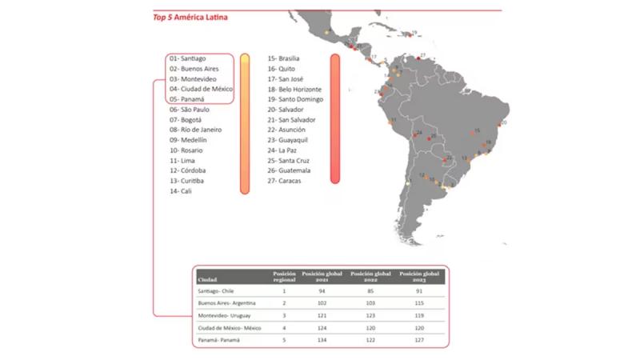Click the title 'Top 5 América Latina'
tap(190, 17)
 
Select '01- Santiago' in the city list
tap(188, 59)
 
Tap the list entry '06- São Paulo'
tap(190, 109)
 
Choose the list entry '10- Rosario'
tap(186, 150)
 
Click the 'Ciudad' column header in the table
tap(207, 279)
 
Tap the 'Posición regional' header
tap(284, 276)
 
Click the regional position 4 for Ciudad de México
tap(284, 327)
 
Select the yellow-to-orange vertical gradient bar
tap(245, 123)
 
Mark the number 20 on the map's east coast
tap(504, 123)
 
